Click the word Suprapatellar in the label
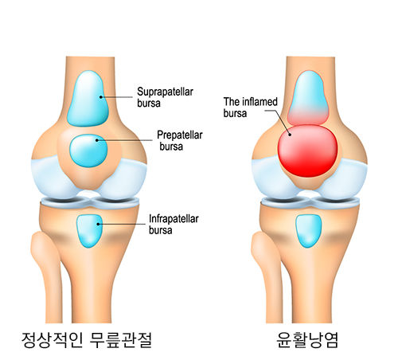pos(165,92)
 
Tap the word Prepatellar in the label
pos(180,135)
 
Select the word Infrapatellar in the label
pos(174,219)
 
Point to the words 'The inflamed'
pos(251,102)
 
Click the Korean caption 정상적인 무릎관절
pos(87,340)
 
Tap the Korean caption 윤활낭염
pos(307,340)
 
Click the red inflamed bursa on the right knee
pos(308,151)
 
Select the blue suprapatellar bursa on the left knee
pos(88,98)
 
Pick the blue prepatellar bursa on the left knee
pos(88,151)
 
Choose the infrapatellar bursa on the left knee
pos(89,231)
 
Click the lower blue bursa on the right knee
pos(308,231)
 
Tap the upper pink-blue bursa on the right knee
pos(308,98)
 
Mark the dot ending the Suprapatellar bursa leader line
pos(101,97)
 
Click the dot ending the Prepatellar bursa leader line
pos(97,140)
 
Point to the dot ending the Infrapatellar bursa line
pos(98,224)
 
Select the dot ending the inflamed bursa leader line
pos(290,135)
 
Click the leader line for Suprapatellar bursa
pos(116,97)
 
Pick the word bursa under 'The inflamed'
pos(235,113)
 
